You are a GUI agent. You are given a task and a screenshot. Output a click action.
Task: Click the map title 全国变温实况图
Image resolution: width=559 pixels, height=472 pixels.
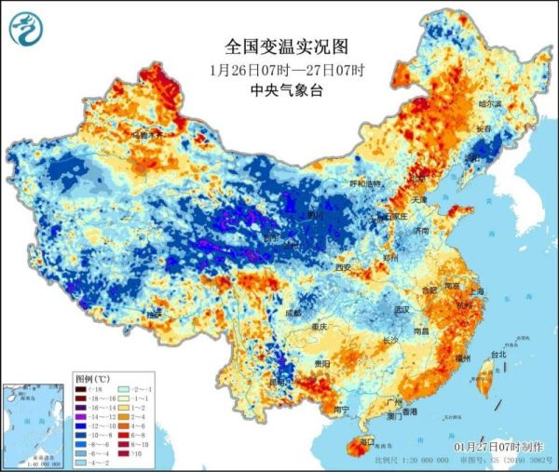pos(273,47)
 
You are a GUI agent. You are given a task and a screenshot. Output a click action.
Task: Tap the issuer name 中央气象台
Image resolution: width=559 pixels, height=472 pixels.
pos(273,89)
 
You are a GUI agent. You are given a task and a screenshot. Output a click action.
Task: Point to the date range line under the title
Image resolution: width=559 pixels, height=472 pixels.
pos(273,69)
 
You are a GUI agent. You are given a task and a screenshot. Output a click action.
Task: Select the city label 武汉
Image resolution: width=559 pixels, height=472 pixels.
pos(403,309)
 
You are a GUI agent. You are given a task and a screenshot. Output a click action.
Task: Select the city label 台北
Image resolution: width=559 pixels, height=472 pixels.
pos(498,355)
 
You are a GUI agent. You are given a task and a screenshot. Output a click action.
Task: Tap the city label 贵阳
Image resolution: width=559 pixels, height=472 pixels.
pos(321,363)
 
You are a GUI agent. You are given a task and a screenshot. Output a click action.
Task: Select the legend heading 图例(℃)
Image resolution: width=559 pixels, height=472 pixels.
pos(92,379)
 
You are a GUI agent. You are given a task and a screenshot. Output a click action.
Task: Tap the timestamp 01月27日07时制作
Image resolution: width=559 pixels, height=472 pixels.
pos(500,447)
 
